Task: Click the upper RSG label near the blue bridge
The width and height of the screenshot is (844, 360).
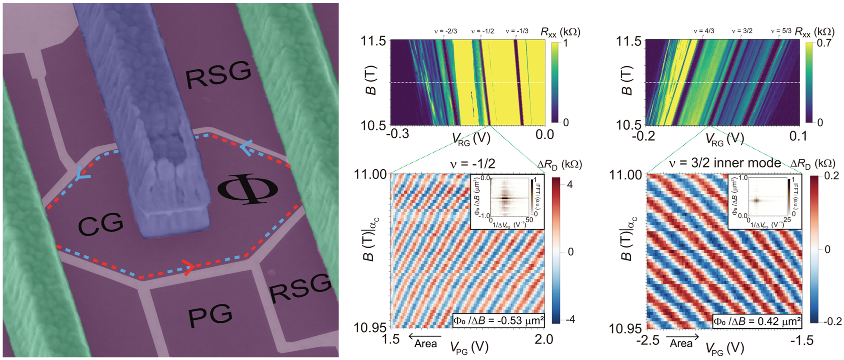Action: click(218, 74)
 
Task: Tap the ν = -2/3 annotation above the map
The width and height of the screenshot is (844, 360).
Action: click(446, 31)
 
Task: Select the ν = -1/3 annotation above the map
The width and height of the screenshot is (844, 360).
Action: click(517, 31)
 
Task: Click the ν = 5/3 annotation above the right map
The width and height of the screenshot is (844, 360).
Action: click(781, 31)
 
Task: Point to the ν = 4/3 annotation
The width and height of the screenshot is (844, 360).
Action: click(704, 31)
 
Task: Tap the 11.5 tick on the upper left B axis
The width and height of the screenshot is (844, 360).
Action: click(373, 41)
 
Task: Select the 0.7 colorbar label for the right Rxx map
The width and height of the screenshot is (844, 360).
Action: click(824, 43)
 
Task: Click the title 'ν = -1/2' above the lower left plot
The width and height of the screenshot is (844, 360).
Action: click(473, 164)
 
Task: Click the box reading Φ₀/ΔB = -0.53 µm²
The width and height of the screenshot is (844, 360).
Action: click(498, 321)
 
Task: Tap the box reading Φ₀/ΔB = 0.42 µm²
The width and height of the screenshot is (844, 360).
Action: click(757, 322)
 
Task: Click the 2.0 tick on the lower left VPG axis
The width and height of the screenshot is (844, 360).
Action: click(544, 339)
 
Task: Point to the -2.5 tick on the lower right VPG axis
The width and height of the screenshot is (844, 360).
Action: click(648, 340)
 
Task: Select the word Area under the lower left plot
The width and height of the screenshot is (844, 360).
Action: click(425, 344)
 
